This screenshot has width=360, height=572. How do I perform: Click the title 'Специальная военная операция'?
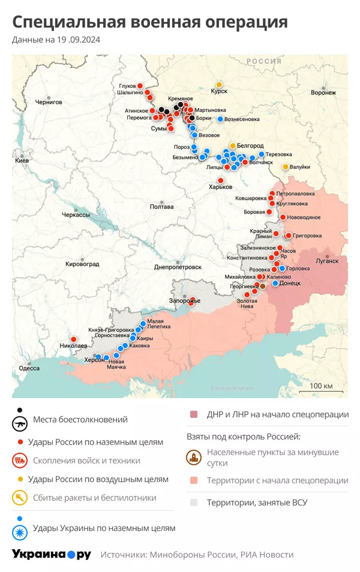(x=150, y=22)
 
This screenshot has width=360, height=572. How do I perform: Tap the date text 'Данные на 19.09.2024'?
(x=56, y=40)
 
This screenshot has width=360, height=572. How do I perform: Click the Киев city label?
(x=22, y=161)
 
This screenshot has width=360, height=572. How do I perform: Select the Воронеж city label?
(x=323, y=93)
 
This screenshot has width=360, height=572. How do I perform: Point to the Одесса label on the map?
(x=29, y=368)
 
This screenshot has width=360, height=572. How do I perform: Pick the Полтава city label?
(x=161, y=207)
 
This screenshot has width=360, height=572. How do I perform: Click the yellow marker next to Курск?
(x=219, y=85)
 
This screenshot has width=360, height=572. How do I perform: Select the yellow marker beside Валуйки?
(x=286, y=167)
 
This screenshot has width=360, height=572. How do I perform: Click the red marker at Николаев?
(x=73, y=339)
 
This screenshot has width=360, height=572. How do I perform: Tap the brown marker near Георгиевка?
(x=262, y=287)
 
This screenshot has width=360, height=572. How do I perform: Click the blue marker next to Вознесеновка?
(x=220, y=119)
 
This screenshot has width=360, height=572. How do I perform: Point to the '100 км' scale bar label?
(x=321, y=385)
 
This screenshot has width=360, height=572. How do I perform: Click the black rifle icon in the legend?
(x=20, y=423)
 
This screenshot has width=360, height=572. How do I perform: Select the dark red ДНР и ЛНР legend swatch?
(x=193, y=414)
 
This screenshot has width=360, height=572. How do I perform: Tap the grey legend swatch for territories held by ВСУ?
(x=193, y=503)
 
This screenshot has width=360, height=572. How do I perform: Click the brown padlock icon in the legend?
(x=193, y=458)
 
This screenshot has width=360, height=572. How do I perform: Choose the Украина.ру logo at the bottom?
(x=52, y=554)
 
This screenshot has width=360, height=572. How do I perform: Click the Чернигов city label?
(x=49, y=102)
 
